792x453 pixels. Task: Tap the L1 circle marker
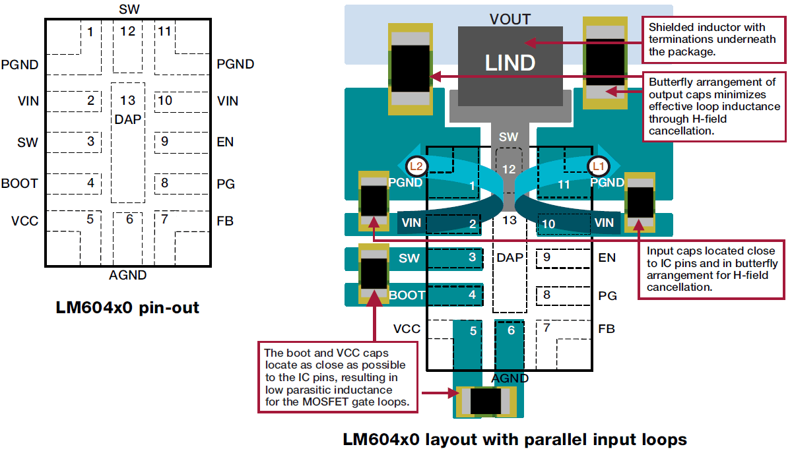coord(599,166)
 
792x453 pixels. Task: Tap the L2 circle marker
coord(417,166)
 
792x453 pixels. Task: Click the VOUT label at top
coord(510,18)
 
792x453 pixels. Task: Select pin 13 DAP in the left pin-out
coord(128,109)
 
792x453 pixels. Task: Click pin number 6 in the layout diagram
coord(510,330)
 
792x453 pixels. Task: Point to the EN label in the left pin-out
coord(225,142)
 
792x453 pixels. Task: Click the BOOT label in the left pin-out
coord(20,183)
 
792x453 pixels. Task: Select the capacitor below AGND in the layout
coord(489,401)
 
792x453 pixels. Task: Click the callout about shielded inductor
coord(713,39)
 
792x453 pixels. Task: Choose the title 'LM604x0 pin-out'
coord(127,307)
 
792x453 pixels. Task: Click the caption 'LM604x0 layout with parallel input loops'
coord(515,438)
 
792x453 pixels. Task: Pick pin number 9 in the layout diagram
coord(546,257)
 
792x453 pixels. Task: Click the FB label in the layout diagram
coord(607,328)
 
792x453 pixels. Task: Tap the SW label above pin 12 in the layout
coord(508,137)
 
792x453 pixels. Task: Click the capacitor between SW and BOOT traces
coord(374,274)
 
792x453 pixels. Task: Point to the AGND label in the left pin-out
coord(128,276)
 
